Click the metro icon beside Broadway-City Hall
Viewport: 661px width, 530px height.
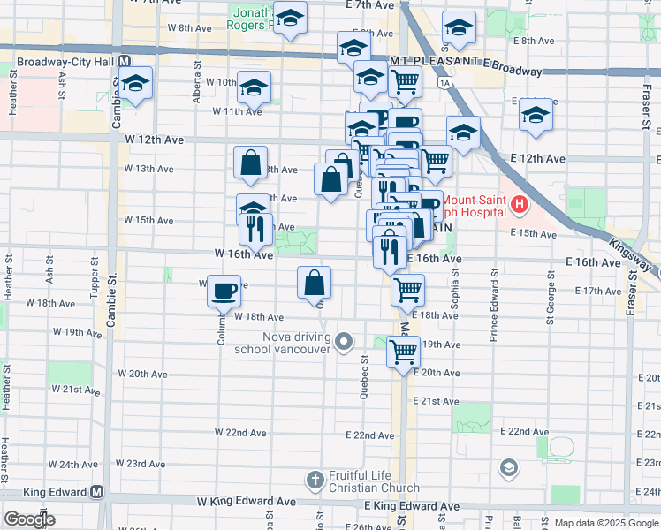125,63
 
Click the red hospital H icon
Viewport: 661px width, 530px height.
519,207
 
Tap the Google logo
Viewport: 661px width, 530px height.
29,519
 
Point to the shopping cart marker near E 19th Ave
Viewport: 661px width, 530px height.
404,352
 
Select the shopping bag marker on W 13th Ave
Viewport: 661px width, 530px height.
251,163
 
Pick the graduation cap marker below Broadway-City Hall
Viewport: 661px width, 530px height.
136,84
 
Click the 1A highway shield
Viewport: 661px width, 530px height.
444,81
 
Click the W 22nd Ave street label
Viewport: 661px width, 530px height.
241,433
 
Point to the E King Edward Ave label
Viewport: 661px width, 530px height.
414,507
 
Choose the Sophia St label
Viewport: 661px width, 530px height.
454,299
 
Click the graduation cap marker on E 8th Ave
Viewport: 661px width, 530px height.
459,27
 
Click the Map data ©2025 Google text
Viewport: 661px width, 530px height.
606,522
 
